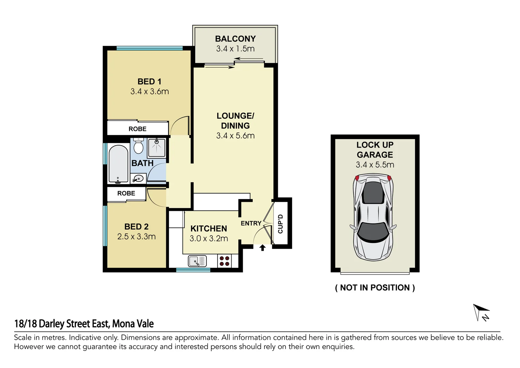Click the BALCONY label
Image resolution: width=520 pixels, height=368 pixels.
235,39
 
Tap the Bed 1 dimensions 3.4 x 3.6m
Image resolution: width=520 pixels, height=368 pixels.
149,92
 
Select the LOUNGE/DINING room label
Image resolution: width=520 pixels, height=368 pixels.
235,121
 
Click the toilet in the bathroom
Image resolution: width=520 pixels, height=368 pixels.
138,146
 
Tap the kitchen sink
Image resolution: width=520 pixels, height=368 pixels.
197,261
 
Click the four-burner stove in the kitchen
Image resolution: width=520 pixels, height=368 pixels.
224,261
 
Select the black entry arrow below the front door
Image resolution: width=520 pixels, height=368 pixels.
262,248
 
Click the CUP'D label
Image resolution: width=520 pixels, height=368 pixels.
281,224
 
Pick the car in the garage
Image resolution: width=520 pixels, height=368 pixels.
373,217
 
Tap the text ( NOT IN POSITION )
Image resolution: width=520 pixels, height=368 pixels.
375,288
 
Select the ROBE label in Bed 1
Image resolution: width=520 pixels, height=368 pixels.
138,129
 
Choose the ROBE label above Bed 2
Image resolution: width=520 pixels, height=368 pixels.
126,193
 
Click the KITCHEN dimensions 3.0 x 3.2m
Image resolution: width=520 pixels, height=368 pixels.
209,239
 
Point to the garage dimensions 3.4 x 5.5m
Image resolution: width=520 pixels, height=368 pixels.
375,165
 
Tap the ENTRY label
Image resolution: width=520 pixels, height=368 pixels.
251,223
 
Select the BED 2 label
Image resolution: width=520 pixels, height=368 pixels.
136,227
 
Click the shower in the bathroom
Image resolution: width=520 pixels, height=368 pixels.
157,147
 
